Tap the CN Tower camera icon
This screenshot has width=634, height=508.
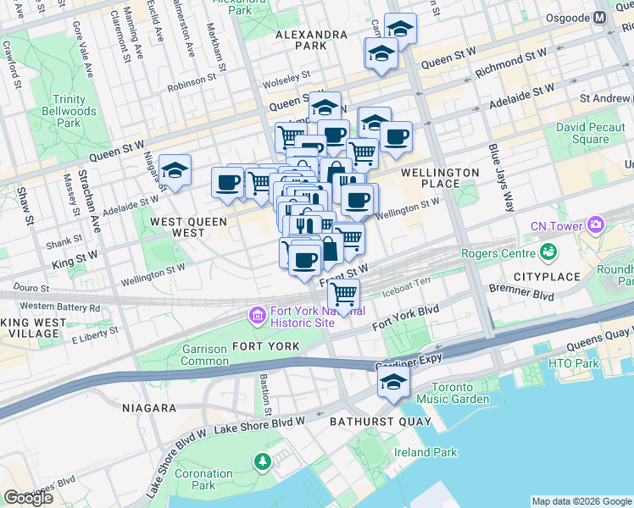[x=596, y=225]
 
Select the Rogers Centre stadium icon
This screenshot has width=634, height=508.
[x=548, y=251]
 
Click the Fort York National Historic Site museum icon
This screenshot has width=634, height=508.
[x=256, y=316]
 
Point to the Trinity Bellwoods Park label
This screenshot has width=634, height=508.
[x=69, y=111]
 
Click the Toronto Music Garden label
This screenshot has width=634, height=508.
[x=452, y=393]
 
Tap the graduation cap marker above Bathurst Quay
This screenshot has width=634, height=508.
[x=394, y=383]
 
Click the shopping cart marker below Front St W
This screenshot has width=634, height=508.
[x=343, y=295]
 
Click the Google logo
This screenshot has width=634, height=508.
[x=28, y=498]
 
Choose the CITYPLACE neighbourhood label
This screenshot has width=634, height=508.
[x=547, y=277]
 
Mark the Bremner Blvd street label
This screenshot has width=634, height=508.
[x=521, y=292]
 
